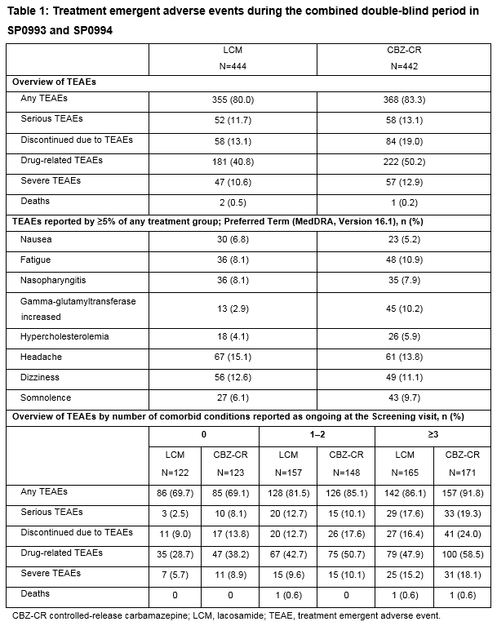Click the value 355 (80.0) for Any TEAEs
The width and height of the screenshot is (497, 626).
coord(233,100)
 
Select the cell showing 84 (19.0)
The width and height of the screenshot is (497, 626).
coord(403,140)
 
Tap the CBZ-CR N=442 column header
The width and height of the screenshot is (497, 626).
coord(403,57)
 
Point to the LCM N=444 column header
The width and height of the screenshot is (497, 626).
coord(233,57)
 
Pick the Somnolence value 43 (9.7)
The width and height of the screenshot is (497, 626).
coord(403,398)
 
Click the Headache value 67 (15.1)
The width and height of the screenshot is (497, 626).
coord(233,358)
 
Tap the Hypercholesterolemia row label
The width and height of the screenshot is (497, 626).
coord(65,336)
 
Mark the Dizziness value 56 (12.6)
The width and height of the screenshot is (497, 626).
coord(233,379)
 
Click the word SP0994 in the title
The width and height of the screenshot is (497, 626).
coord(87,30)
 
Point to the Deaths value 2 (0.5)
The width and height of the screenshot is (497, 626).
coord(233,201)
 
